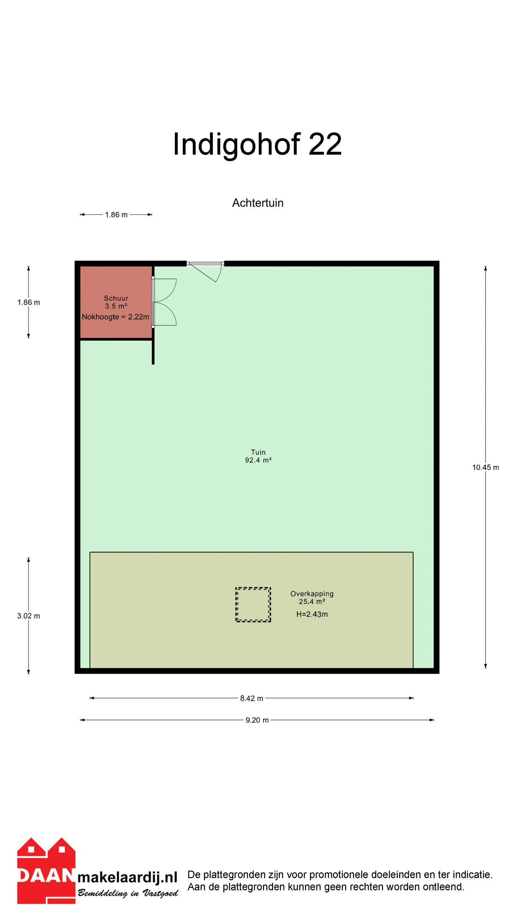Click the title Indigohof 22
pos(257,144)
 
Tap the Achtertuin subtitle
pos(258,203)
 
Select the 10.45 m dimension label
pos(486,467)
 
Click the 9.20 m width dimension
pos(257,720)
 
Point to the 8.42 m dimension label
pos(252,698)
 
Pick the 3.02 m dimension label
pos(29,616)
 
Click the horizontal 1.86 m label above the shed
pos(116,215)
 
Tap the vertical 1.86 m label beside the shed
pos(29,302)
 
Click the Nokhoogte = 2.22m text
pos(115,317)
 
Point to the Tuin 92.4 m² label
pos(258,456)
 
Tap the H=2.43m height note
pos(312,614)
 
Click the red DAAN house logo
pos(46,870)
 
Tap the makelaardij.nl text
pos(127,877)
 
